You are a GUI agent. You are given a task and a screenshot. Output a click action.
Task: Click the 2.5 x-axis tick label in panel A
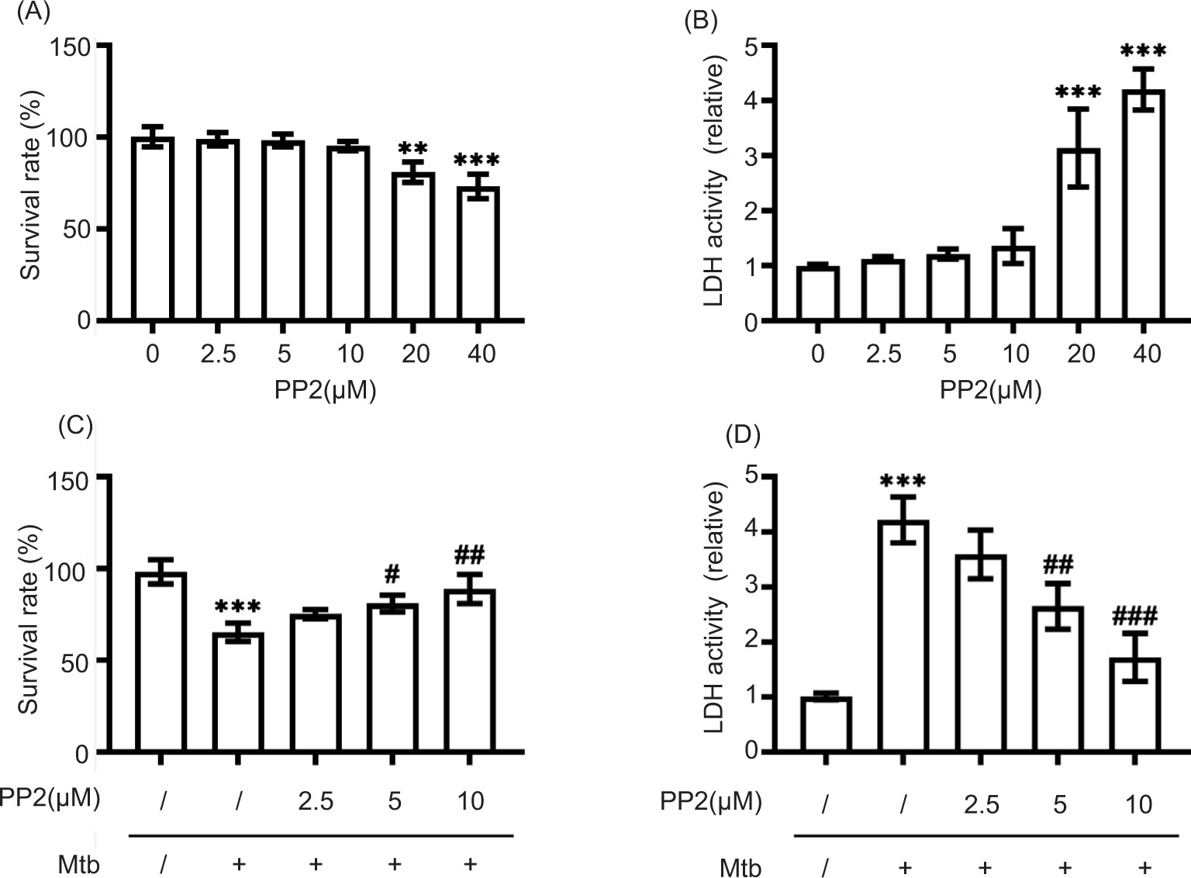click(218, 354)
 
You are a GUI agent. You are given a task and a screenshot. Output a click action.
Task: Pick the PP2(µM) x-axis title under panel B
click(990, 389)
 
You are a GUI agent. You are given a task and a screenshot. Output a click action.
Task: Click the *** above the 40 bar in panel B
click(1143, 53)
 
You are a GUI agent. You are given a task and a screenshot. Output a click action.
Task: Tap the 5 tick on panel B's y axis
click(750, 47)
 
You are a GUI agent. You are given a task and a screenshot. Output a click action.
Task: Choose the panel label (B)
click(699, 20)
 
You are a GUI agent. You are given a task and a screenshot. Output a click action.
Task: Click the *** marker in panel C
click(238, 607)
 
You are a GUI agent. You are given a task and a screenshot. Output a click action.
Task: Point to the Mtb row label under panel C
click(79, 864)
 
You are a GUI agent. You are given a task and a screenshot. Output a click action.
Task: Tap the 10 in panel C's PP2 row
click(471, 800)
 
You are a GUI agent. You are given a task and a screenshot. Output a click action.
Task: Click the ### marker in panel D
click(1134, 617)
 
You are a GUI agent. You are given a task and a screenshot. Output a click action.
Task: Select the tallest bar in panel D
click(903, 636)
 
